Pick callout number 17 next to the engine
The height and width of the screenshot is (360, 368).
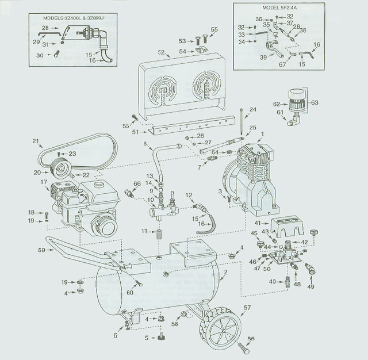pyautogui.click(x=43, y=182)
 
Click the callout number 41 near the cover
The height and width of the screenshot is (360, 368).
pyautogui.click(x=258, y=223)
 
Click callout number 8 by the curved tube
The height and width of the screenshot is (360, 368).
pyautogui.click(x=144, y=143)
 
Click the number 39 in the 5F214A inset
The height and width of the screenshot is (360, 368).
pyautogui.click(x=263, y=57)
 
